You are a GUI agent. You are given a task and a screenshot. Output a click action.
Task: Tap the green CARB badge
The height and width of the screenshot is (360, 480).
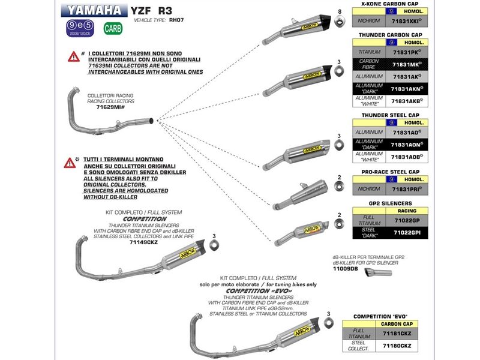tap(112, 28)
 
